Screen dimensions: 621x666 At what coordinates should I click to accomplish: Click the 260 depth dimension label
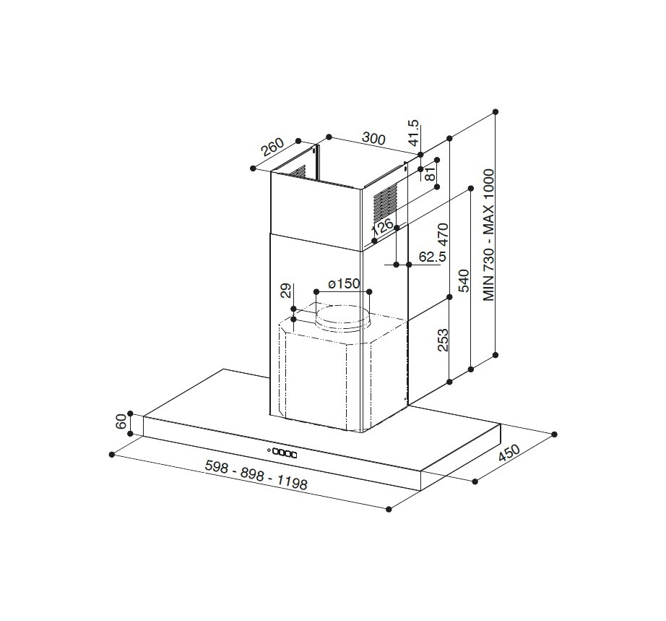[x=272, y=147]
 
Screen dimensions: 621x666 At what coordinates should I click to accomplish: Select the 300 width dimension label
[x=373, y=139]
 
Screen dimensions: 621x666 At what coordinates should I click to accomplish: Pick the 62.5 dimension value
[x=432, y=257]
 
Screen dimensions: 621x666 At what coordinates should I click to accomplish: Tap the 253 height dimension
[x=443, y=340]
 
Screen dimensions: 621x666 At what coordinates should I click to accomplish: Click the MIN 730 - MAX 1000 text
[x=488, y=235]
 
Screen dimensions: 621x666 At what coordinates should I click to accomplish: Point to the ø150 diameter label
[x=343, y=283]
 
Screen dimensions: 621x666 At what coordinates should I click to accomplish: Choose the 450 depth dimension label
[x=509, y=453]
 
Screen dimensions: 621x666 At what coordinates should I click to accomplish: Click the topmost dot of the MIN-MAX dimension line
[x=496, y=112]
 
